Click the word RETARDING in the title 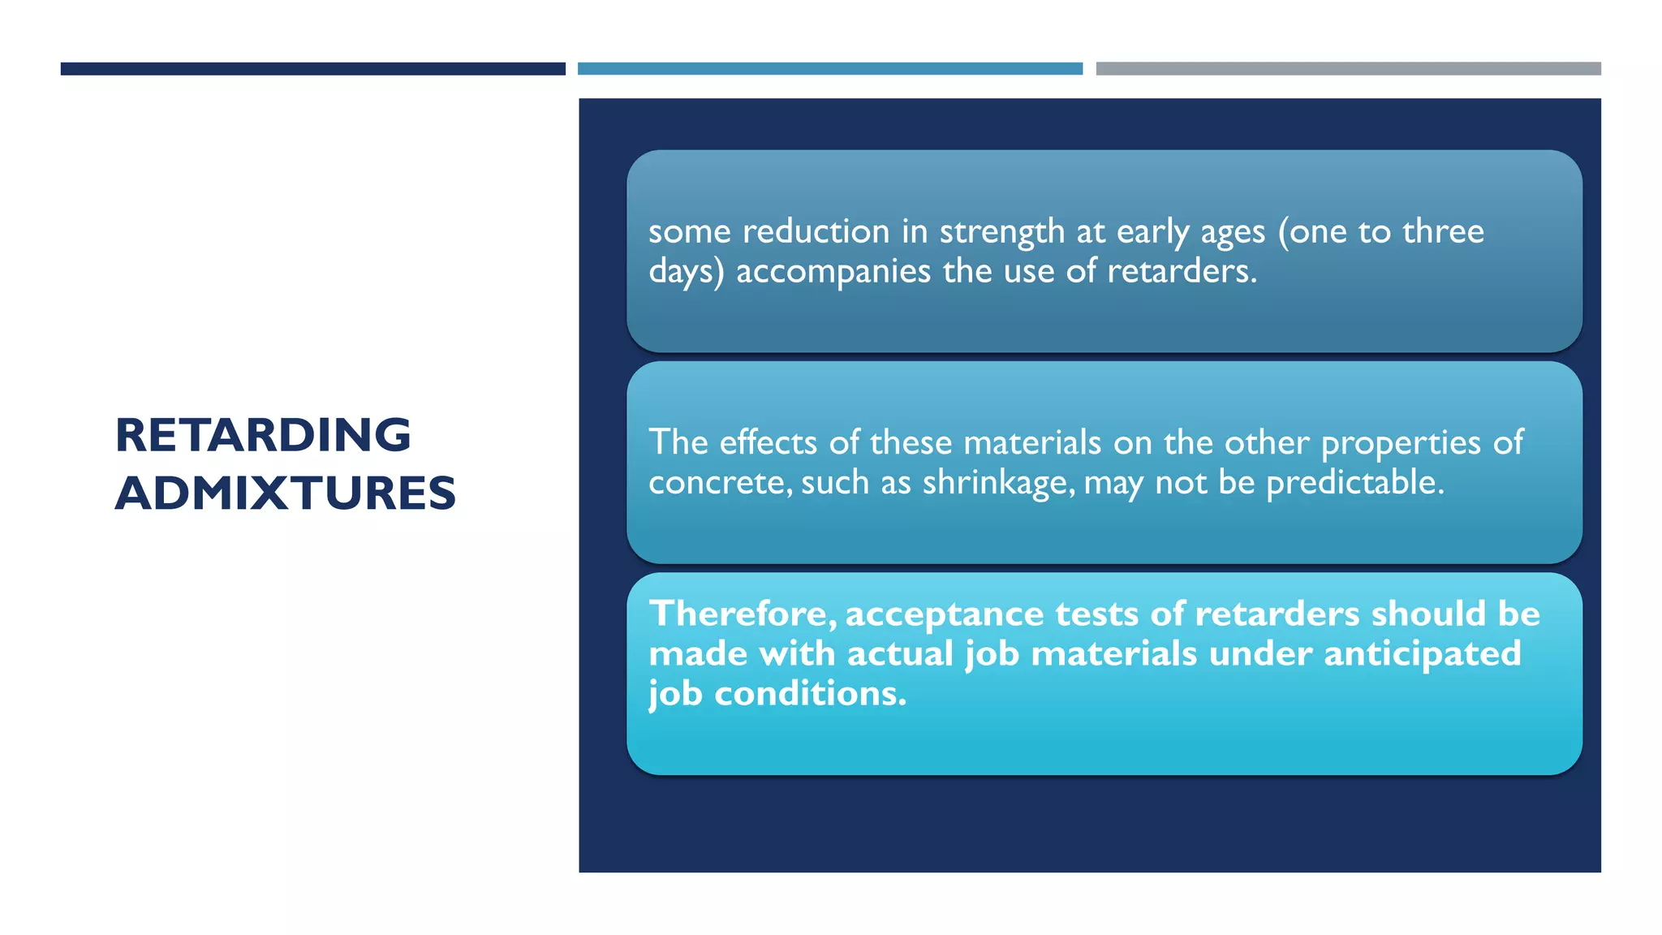(263, 435)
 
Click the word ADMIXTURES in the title (286, 493)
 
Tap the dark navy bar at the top (312, 69)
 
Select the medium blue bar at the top (829, 69)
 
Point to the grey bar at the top (1348, 69)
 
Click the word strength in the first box (1001, 232)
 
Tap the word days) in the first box (686, 272)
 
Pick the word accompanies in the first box (833, 272)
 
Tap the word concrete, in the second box (720, 483)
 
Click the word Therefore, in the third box (742, 614)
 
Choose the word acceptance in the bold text (945, 614)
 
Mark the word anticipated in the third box (1422, 654)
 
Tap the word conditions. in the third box (810, 694)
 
